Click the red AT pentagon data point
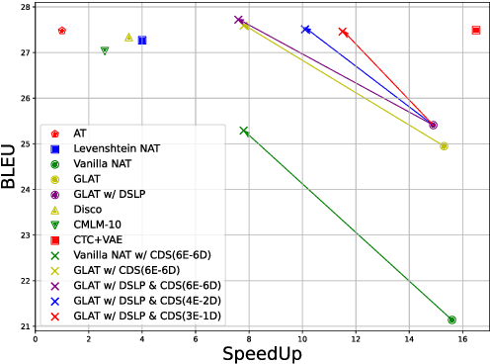point(62,31)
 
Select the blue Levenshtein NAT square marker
point(142,40)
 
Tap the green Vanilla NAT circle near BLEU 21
point(451,319)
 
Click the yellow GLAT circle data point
point(444,145)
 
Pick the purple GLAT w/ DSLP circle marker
point(434,125)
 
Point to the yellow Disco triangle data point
point(128,37)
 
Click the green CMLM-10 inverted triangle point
point(105,50)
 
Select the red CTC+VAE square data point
point(476,30)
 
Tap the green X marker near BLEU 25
point(244,131)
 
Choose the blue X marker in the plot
point(305,29)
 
